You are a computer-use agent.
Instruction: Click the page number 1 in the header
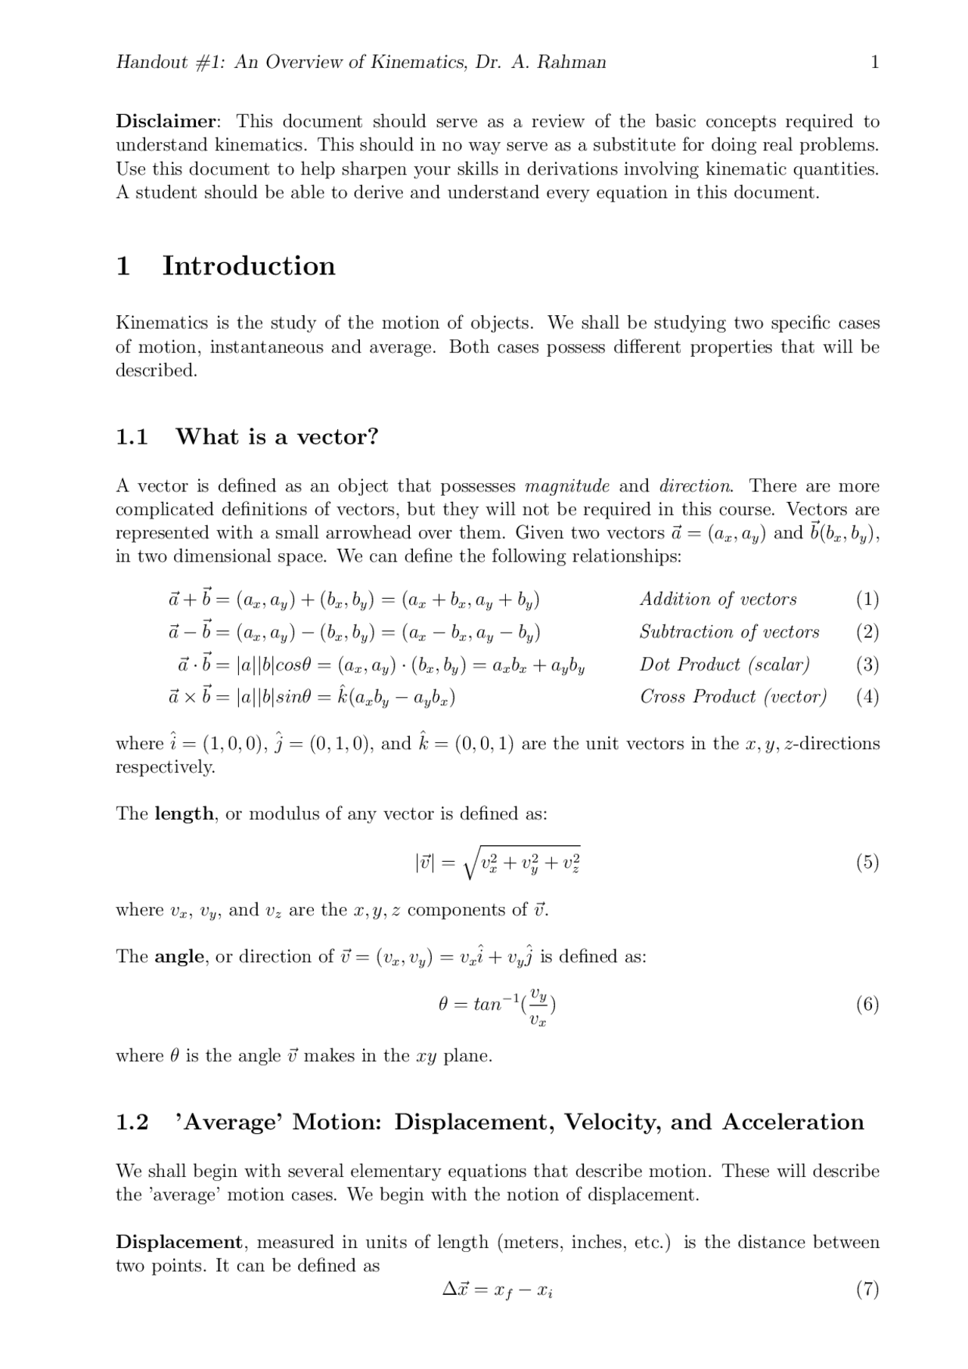875,62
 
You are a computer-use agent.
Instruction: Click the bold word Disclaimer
166,121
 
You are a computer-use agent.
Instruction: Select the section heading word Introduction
249,266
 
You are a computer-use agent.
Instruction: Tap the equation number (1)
867,599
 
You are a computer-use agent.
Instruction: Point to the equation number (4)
867,696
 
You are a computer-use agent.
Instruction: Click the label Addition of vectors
718,599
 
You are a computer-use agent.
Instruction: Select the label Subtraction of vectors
729,632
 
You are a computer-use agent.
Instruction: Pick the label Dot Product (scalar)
724,664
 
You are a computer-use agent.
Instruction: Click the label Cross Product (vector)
733,696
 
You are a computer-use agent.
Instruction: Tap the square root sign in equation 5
470,863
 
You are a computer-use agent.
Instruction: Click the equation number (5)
867,863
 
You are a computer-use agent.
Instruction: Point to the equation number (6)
867,1004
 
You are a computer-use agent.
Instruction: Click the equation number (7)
867,1289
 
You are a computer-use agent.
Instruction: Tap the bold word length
184,814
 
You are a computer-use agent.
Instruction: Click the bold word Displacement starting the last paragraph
178,1242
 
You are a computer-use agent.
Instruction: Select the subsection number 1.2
132,1123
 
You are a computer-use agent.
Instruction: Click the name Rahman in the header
572,62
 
